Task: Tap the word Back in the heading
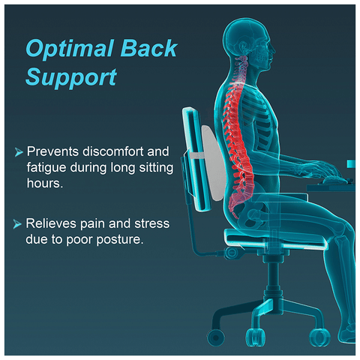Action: coord(149,48)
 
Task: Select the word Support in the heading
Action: coord(71,78)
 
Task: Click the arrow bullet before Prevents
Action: coord(19,151)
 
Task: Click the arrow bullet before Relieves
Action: coord(17,223)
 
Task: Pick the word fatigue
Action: coord(46,168)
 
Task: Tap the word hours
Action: coord(45,183)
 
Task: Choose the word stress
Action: coord(152,223)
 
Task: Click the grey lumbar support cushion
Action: coord(212,163)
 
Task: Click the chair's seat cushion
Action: coord(275,239)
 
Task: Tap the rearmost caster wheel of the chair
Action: coord(216,337)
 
